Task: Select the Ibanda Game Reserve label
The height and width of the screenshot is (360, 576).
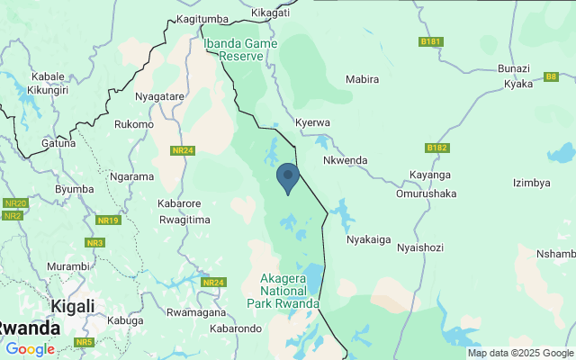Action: [234, 49]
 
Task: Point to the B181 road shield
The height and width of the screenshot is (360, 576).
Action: [432, 41]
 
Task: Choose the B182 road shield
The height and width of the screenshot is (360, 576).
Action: [437, 148]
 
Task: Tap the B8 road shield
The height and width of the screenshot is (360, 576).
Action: [552, 76]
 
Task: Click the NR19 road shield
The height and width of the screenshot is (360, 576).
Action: [109, 220]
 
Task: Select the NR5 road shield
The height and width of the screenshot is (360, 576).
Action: [85, 343]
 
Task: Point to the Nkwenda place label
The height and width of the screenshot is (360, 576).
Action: [346, 160]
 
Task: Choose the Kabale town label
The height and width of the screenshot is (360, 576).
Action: [48, 76]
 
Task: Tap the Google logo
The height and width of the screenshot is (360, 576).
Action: [30, 349]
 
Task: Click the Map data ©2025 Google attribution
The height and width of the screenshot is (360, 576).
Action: [519, 353]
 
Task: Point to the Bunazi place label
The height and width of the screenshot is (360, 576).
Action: [514, 69]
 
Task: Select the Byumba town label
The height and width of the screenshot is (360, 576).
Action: [75, 189]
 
